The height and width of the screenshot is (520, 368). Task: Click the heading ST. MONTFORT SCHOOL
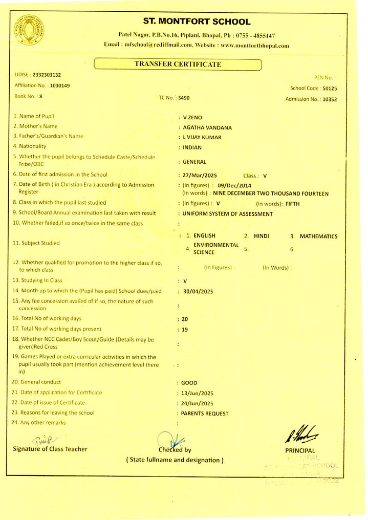coord(197,22)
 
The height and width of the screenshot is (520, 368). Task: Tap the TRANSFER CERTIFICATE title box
coord(178,64)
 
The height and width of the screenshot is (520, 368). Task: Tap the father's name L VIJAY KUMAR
coord(202,138)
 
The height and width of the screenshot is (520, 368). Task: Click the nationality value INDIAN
coord(192,148)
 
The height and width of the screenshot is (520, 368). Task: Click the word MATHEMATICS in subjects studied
coord(318,236)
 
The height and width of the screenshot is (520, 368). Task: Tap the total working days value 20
coord(185,319)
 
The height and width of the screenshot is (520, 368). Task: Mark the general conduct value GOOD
coord(189,383)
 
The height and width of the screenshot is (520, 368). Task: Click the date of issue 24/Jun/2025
coord(198,403)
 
